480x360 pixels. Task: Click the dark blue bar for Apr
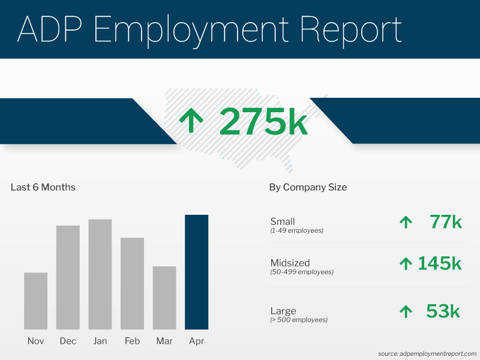tap(196, 272)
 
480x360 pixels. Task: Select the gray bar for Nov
tap(36, 301)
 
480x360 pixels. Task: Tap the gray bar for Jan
tap(100, 274)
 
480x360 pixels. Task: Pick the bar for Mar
tap(164, 298)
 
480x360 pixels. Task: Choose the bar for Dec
tap(68, 277)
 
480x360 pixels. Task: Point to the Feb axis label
tap(132, 341)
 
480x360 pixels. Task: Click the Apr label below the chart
tap(196, 341)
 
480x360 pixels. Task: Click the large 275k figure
tap(263, 121)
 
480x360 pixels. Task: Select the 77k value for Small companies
tap(445, 222)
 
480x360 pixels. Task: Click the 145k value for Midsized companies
tap(439, 263)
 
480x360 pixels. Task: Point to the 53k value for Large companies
tap(443, 311)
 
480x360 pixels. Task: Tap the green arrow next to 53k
tap(406, 311)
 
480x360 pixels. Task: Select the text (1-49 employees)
tap(297, 230)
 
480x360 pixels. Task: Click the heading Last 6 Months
tap(43, 187)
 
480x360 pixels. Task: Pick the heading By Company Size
tap(308, 187)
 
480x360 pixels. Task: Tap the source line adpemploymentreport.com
tap(427, 353)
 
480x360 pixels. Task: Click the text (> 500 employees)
tap(299, 320)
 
